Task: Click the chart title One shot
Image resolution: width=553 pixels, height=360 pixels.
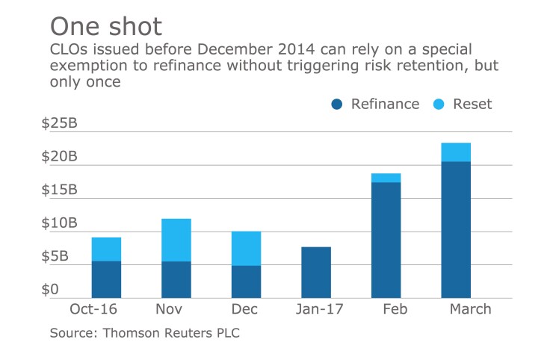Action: pos(105,27)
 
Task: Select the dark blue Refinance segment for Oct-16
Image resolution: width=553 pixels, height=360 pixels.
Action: pos(106,279)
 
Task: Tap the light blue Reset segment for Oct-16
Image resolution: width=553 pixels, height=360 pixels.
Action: pos(106,249)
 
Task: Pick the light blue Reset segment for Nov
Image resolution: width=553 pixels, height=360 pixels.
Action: pos(176,240)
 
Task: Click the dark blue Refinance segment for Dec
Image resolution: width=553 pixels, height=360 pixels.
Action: pos(246,282)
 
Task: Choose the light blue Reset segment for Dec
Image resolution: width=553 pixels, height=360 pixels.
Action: pos(246,249)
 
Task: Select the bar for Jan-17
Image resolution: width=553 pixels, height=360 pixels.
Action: pos(316,272)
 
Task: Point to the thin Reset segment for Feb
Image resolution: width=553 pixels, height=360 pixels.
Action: pos(386,178)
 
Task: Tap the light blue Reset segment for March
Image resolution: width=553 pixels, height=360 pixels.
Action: pos(456,152)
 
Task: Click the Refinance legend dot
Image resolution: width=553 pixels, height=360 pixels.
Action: pos(337,105)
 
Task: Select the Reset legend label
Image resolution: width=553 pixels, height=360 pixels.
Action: pos(472,105)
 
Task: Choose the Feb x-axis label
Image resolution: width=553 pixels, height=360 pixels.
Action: pos(386,309)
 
